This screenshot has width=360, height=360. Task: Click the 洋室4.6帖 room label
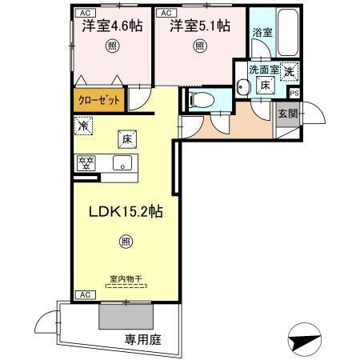(112, 26)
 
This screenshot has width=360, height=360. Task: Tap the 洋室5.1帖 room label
(199, 26)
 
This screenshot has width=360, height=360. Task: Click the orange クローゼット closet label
(100, 102)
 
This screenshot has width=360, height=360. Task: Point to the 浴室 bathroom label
(262, 33)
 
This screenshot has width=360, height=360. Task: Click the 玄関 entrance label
(286, 114)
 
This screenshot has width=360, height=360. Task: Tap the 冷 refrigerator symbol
(82, 126)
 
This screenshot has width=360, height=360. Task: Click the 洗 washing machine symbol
(289, 70)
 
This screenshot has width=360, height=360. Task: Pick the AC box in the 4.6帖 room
(83, 14)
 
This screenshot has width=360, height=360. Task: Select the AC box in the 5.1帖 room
(166, 14)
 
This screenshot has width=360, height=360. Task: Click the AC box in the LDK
(83, 294)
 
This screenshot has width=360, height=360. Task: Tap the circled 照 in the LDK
(126, 239)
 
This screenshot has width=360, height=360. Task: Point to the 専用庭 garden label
(142, 339)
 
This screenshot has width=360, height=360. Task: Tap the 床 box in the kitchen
(126, 138)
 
